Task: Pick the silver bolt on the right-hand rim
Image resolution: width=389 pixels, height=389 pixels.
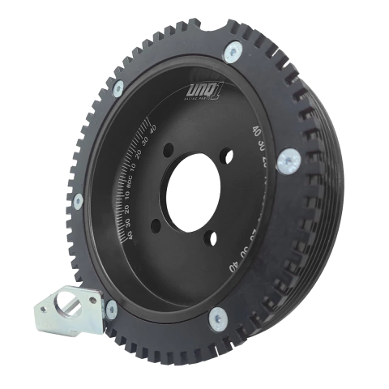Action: (x=288, y=161)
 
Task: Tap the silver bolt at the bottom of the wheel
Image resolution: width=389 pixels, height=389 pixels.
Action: (x=219, y=319)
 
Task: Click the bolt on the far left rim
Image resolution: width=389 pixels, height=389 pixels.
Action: (x=78, y=199)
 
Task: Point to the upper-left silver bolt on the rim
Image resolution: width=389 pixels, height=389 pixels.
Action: (x=118, y=88)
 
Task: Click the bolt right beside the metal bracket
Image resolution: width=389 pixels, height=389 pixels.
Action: (x=111, y=307)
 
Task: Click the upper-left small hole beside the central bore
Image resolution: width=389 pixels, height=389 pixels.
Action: (x=168, y=150)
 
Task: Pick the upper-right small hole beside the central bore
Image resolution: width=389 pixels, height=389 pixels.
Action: (x=228, y=154)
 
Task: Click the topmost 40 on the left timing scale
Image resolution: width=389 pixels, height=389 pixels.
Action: (x=152, y=127)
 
